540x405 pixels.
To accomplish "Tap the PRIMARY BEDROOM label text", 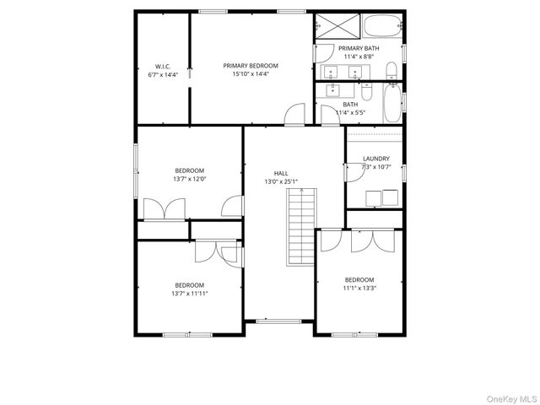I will (x=250, y=66).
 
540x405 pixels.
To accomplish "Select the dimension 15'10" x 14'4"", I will (x=250, y=74).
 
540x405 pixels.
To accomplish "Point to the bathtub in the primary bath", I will (x=384, y=26).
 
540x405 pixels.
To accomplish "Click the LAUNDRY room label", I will (x=375, y=159).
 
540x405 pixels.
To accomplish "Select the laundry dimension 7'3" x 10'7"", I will (x=375, y=167).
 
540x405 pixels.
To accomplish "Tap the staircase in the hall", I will (x=300, y=226).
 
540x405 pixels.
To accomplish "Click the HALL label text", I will (x=281, y=173).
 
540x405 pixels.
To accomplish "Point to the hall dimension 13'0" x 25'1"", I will (x=281, y=181).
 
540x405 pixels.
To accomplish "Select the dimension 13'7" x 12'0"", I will (x=190, y=179).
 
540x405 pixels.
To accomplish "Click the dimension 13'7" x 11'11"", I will (x=190, y=294).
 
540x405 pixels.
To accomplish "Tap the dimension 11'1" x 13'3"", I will (x=359, y=288).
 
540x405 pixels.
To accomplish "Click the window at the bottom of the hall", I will (x=278, y=321).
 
